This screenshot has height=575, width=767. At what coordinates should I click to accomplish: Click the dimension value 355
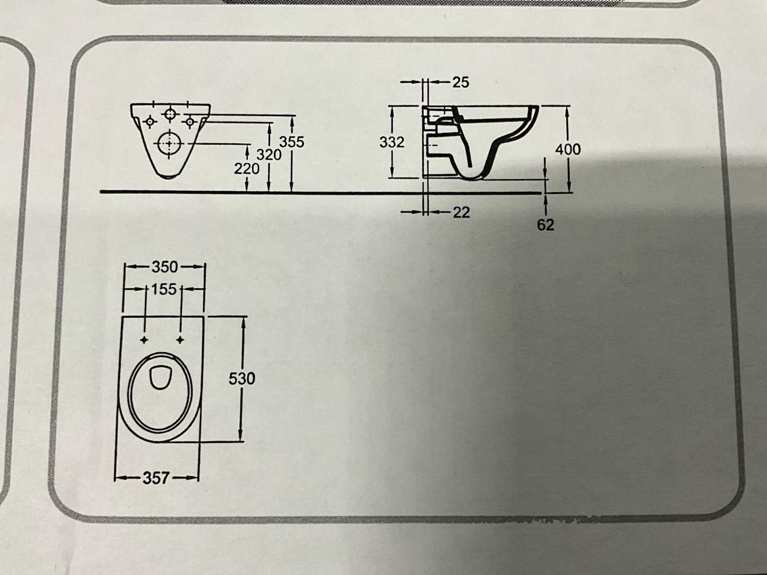click(292, 142)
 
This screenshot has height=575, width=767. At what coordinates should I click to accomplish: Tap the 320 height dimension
click(269, 155)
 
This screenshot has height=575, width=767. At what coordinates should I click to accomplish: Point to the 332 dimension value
click(392, 142)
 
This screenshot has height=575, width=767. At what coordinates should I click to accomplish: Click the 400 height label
click(568, 149)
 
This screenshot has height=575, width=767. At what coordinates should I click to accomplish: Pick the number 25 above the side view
click(460, 82)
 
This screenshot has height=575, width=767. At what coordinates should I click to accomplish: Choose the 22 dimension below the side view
click(461, 212)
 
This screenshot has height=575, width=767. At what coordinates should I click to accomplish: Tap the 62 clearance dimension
click(546, 225)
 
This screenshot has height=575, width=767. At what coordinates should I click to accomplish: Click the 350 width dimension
click(164, 266)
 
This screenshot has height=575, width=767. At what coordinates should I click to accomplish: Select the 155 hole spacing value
click(164, 289)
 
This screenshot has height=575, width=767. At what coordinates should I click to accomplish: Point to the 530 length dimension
click(242, 379)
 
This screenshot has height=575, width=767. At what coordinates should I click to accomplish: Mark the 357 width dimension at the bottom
click(156, 478)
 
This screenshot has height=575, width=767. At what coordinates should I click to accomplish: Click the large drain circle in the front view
click(170, 143)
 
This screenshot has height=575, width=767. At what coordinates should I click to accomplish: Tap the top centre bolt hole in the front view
click(170, 114)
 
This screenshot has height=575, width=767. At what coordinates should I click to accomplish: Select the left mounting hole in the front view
click(150, 122)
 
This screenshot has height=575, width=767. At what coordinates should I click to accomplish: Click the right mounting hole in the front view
click(190, 122)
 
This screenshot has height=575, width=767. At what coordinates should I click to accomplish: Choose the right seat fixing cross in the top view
click(181, 340)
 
